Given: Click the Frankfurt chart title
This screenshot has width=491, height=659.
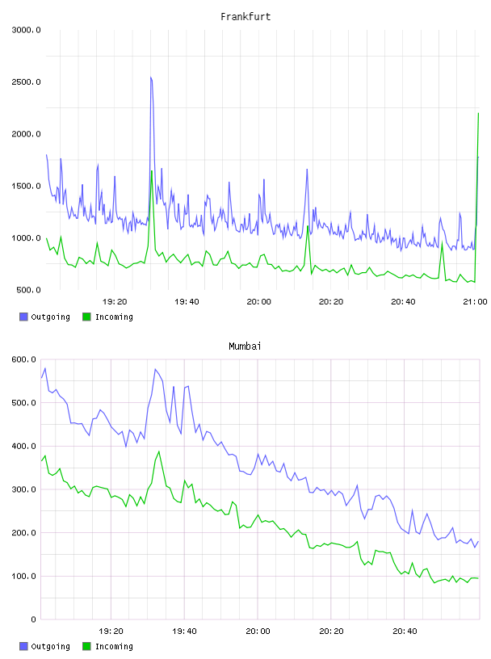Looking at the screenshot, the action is (x=245, y=17).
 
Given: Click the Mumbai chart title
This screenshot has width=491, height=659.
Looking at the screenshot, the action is (x=245, y=346).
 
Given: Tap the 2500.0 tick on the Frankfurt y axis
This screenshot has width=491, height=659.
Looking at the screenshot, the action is (x=26, y=82).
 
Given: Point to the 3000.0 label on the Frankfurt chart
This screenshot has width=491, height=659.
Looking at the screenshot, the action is (x=26, y=30).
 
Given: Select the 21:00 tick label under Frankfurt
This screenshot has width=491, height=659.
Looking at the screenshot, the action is (x=475, y=301).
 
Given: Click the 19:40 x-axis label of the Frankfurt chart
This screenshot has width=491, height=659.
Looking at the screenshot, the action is (x=187, y=301).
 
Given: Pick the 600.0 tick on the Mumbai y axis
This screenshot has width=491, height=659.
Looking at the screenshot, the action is (x=24, y=359).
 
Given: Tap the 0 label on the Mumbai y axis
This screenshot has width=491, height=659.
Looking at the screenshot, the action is (x=33, y=619).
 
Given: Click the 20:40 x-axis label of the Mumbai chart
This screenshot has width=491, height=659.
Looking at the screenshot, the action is (x=405, y=631).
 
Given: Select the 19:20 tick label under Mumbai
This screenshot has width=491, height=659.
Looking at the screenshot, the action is (x=111, y=631).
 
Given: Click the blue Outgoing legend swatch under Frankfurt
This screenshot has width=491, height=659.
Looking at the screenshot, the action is (x=23, y=317).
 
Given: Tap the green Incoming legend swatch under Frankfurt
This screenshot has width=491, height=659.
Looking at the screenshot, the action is (x=86, y=317).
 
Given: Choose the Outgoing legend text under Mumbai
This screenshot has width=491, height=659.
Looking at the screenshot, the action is (x=50, y=646).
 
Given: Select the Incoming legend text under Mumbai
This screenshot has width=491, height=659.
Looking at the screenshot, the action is (x=114, y=646).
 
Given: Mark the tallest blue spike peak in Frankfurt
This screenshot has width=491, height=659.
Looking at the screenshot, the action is (x=150, y=78).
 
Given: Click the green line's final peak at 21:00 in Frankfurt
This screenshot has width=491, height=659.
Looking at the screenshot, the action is (x=478, y=113).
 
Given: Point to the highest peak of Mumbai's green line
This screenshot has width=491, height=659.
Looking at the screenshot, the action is (x=159, y=451).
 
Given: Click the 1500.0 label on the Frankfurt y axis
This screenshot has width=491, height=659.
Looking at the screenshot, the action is (x=26, y=187).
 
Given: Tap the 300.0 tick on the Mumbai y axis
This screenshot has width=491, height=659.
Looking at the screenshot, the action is (x=24, y=489).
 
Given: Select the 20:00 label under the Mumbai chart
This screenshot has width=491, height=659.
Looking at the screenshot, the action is (x=258, y=631).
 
